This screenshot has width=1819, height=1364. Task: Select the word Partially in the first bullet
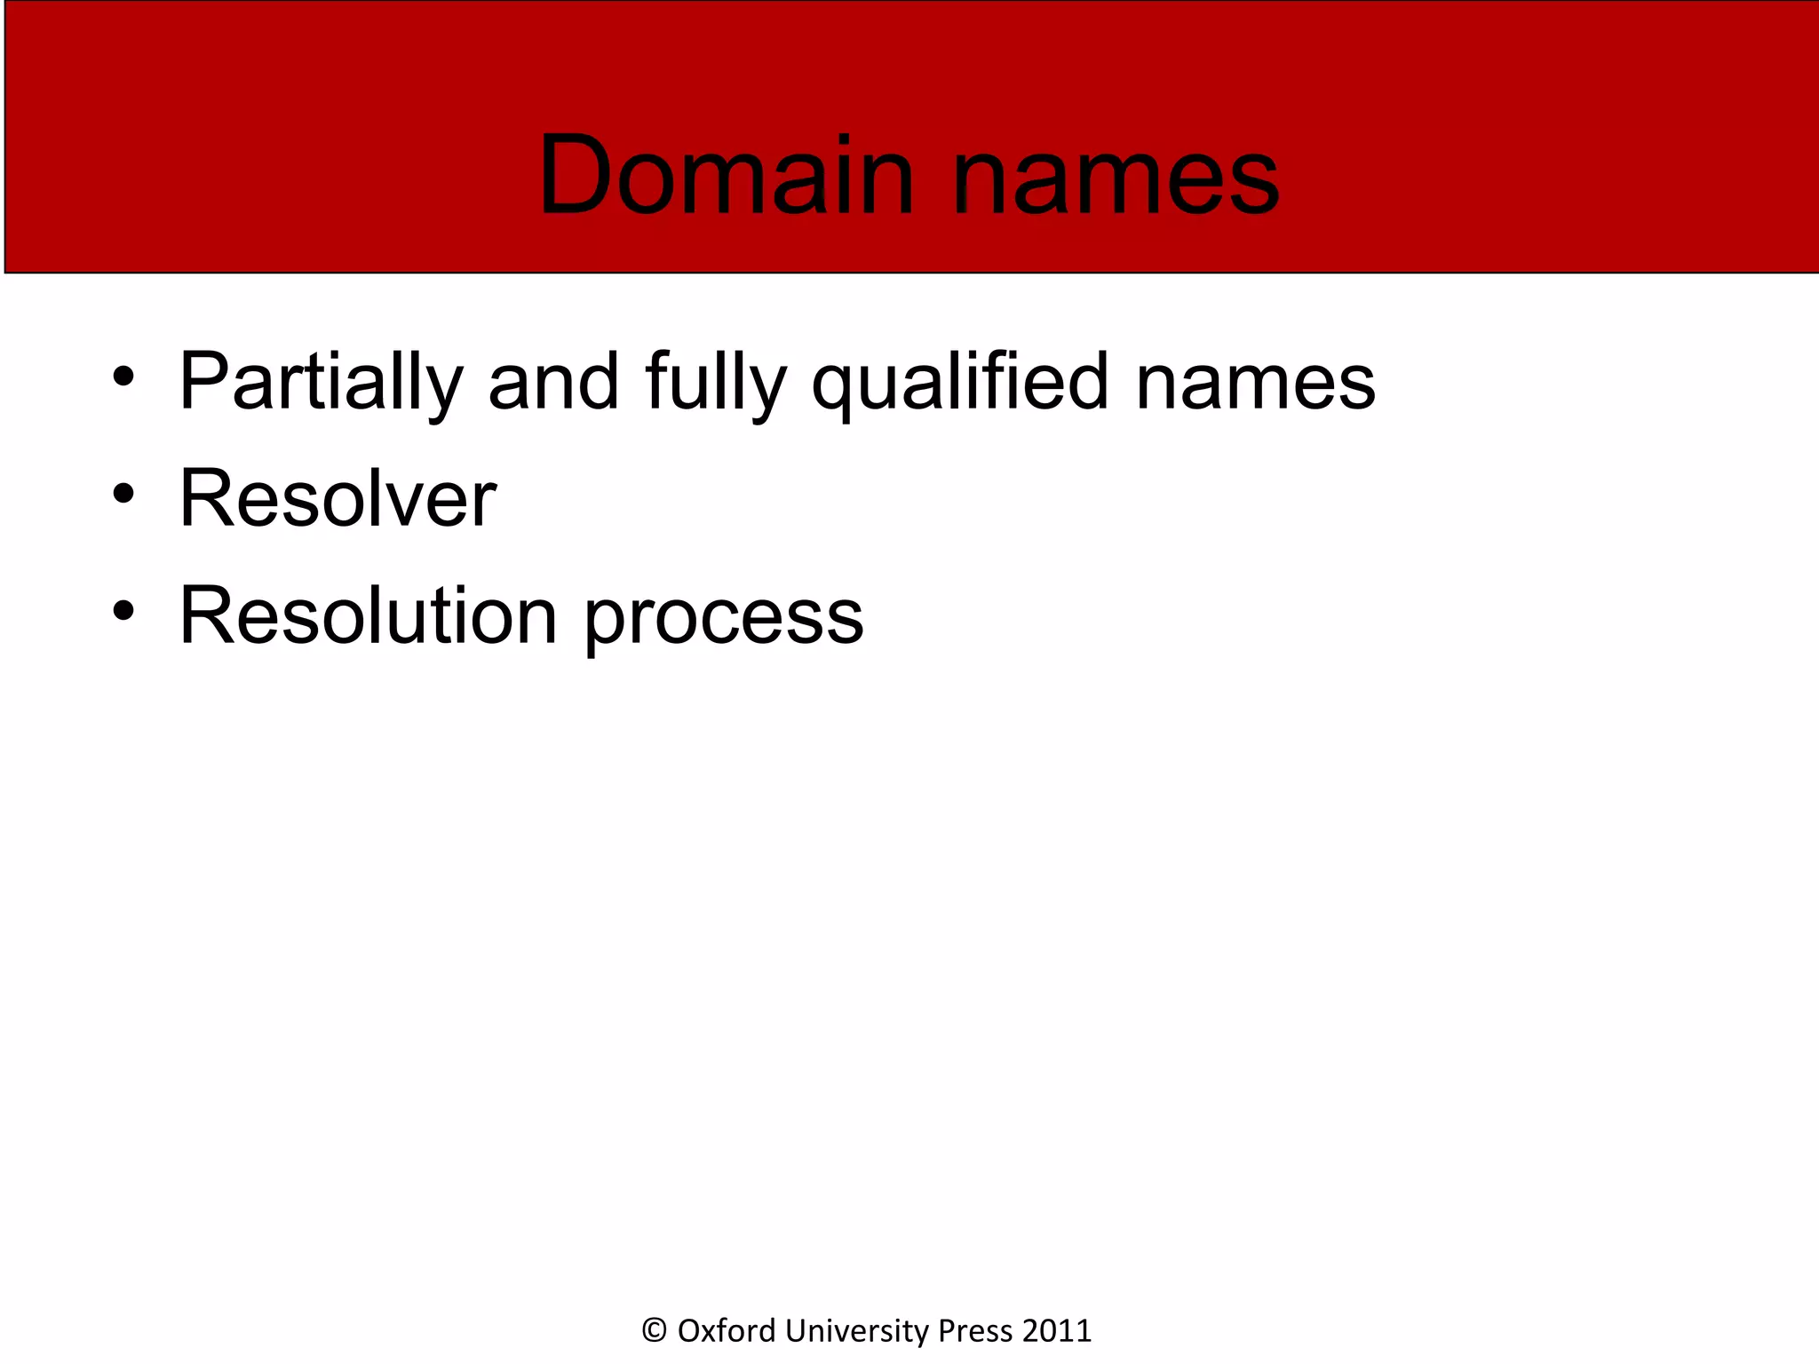click(x=321, y=382)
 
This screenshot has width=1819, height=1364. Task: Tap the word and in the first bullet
click(x=553, y=382)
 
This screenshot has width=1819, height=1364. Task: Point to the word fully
click(x=716, y=382)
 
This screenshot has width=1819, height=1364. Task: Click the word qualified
click(x=960, y=382)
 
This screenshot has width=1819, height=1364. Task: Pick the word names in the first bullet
click(x=1255, y=382)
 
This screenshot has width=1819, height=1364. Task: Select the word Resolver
click(x=338, y=498)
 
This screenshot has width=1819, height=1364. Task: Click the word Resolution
click(x=369, y=615)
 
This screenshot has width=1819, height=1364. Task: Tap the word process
click(x=723, y=619)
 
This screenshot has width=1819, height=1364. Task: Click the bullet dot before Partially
click(x=123, y=377)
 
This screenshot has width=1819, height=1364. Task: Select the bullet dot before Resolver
click(x=123, y=493)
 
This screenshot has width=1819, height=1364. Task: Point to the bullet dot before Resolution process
click(x=123, y=610)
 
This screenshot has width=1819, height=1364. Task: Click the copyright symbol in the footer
click(x=655, y=1330)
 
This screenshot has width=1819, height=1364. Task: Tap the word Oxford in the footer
click(x=727, y=1330)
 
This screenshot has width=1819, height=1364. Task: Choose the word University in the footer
click(x=857, y=1330)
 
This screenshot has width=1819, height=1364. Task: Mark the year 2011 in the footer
click(x=1057, y=1330)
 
